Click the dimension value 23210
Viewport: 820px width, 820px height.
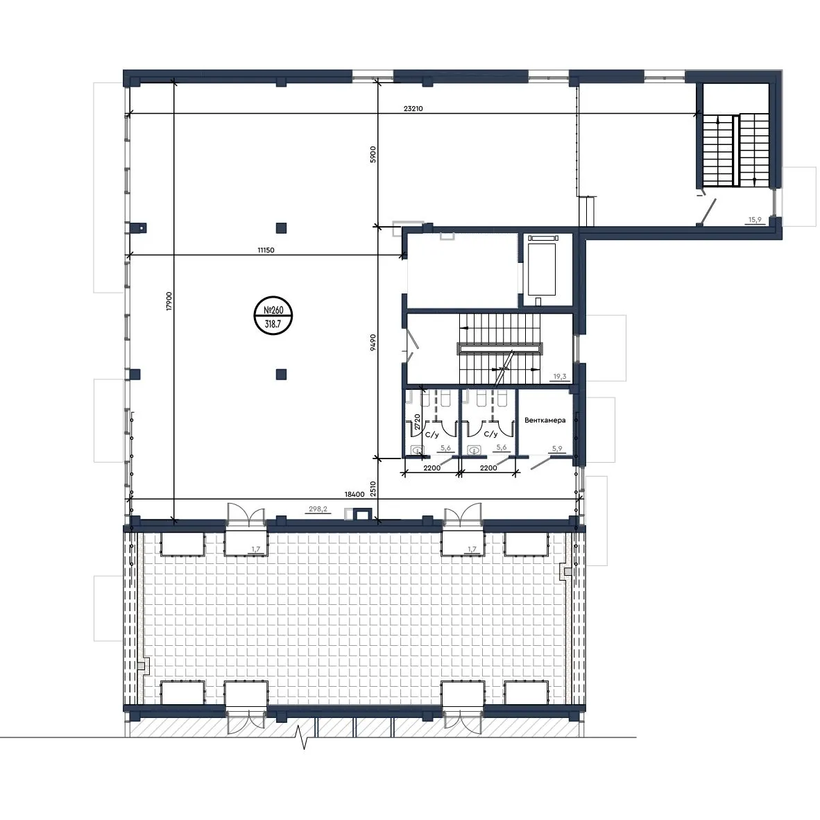(x=413, y=109)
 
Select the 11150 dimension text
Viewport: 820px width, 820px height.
(x=266, y=250)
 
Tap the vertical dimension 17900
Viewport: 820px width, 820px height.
(x=169, y=301)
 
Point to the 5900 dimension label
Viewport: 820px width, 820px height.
(x=373, y=154)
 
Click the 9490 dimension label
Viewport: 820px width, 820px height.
(x=373, y=343)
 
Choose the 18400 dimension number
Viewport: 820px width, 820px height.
(x=354, y=494)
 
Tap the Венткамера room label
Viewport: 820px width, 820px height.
(x=545, y=420)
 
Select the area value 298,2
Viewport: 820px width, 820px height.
(x=318, y=509)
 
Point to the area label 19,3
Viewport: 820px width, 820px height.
(x=560, y=376)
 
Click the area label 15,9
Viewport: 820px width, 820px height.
(x=755, y=220)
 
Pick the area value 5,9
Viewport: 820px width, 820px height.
(x=557, y=449)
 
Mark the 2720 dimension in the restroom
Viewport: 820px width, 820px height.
(x=418, y=422)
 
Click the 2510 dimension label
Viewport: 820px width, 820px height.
(x=373, y=489)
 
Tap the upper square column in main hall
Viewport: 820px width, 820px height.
(x=282, y=228)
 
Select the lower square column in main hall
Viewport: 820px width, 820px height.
(x=282, y=374)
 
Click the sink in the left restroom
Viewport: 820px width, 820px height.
(x=418, y=450)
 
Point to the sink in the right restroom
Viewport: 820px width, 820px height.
(x=475, y=450)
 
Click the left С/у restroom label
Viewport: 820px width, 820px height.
(x=432, y=434)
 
